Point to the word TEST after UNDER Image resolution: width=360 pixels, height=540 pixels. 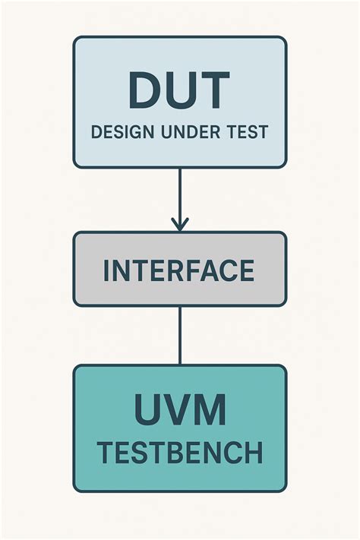point(245,131)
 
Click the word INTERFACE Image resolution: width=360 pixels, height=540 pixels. point(179,270)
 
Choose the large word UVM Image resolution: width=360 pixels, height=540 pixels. point(180,410)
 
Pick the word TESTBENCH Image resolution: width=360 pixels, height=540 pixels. point(180,453)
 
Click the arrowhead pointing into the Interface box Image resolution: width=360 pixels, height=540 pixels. point(179,225)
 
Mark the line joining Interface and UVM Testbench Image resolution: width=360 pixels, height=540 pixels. point(179,335)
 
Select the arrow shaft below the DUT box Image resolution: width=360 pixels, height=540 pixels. point(179,194)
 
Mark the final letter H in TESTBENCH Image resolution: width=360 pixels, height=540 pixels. point(254,453)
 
